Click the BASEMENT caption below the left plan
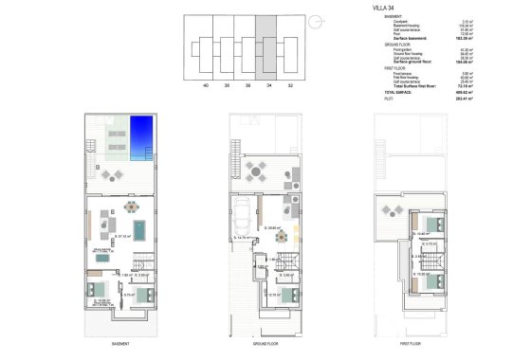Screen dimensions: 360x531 tap(119, 343)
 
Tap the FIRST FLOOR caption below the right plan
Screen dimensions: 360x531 tap(410, 343)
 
